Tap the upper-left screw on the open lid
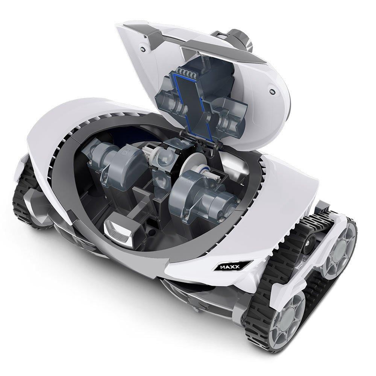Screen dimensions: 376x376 [x=143, y=49]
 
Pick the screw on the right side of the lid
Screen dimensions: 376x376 [x=272, y=92]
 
